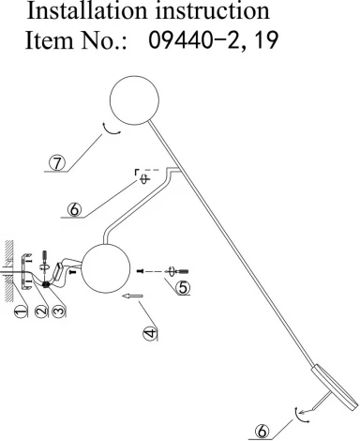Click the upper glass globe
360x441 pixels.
pyautogui.click(x=133, y=99)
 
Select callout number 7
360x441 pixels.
pyautogui.click(x=58, y=162)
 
